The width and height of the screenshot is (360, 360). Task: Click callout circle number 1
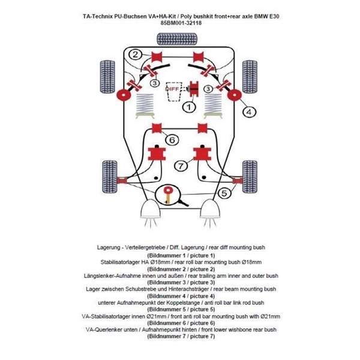click(189, 107)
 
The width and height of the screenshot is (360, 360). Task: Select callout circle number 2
click(136, 55)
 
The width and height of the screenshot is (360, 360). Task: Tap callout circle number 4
click(249, 112)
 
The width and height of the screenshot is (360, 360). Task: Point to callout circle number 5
click(224, 193)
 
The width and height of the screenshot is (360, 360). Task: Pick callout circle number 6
click(172, 140)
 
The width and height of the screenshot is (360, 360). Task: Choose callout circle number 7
click(181, 166)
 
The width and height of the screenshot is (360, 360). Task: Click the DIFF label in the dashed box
click(172, 89)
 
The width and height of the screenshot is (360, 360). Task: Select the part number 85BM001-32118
click(181, 23)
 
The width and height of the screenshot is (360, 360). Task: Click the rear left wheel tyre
click(108, 77)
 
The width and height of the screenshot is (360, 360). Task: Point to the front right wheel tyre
click(250, 176)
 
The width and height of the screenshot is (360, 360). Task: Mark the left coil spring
click(145, 106)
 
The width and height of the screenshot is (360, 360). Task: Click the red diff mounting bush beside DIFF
click(194, 89)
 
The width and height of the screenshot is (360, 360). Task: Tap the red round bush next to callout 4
click(235, 95)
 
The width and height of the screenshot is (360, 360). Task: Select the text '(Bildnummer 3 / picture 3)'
click(181, 283)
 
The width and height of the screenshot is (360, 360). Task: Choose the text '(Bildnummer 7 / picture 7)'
click(181, 337)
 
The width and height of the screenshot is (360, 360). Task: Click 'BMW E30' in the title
click(266, 16)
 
